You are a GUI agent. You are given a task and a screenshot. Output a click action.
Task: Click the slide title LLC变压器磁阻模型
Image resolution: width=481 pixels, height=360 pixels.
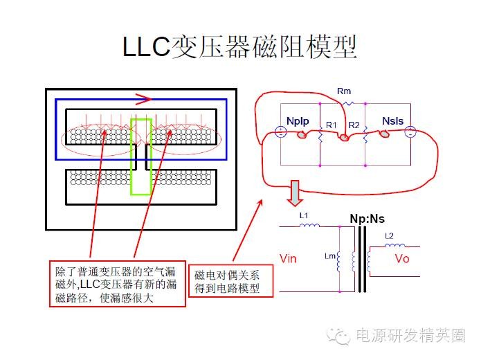tap(239, 46)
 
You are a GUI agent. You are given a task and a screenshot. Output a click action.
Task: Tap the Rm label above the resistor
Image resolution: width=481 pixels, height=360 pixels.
tap(344, 91)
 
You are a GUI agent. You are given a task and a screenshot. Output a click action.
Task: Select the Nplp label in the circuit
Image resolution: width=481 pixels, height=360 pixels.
tap(297, 121)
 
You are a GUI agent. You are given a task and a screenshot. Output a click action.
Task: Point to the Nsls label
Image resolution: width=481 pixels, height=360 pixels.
tap(391, 121)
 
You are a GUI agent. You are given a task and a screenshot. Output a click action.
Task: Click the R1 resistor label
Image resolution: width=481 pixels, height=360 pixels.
tap(331, 125)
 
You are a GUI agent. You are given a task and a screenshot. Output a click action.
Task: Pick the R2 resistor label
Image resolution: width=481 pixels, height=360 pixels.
tap(354, 125)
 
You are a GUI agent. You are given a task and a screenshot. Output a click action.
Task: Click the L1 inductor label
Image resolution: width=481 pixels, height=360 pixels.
tap(303, 216)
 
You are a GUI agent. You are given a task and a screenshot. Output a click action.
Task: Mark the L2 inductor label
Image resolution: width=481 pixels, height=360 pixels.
tap(389, 237)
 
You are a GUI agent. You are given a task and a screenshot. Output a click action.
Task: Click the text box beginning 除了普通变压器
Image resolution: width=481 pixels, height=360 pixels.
tap(118, 283)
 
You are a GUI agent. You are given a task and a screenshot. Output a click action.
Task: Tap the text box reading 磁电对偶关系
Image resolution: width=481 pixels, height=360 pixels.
tap(232, 282)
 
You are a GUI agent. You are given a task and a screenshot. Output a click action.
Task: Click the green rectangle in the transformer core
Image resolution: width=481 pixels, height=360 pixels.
tap(140, 156)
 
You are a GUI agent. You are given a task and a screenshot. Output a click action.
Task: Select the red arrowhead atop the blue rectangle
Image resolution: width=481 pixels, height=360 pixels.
tap(143, 98)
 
